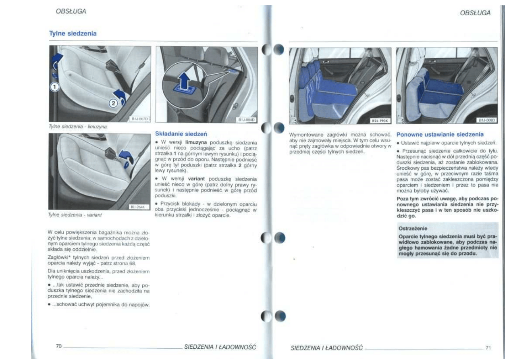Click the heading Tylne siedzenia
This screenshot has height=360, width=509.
click(x=73, y=33)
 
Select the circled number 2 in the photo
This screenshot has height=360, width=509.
click(x=114, y=103)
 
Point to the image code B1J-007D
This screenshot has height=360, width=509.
click(x=140, y=119)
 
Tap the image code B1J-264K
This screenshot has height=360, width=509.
click(x=139, y=207)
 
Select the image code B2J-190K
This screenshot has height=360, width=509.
click(x=380, y=120)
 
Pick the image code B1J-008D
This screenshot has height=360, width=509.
click(x=486, y=120)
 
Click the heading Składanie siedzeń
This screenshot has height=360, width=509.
click(x=178, y=133)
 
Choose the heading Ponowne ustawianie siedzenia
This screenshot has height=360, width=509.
click(x=440, y=134)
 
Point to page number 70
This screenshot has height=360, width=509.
click(x=59, y=345)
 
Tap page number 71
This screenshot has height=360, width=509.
click(x=488, y=347)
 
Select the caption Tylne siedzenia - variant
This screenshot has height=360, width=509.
click(x=75, y=215)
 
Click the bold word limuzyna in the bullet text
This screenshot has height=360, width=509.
click(x=196, y=143)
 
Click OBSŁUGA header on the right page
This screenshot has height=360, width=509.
click(x=475, y=13)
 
